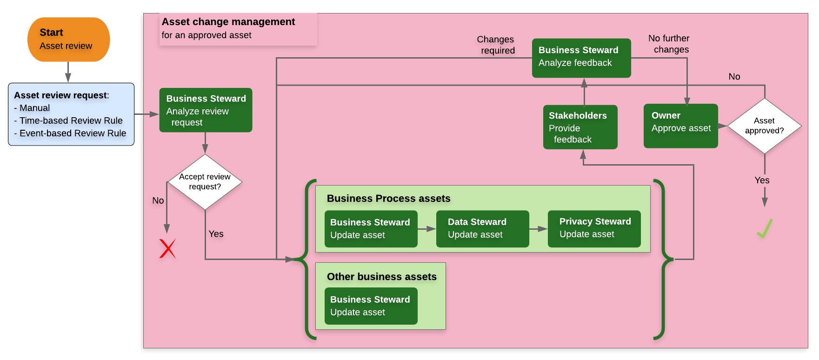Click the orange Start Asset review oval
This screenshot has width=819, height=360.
[68, 40]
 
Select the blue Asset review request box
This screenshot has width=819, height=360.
[71, 114]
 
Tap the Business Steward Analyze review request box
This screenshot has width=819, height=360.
[206, 110]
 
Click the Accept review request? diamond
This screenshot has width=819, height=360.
[205, 182]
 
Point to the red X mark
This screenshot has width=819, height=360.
[167, 248]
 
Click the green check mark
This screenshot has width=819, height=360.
[764, 228]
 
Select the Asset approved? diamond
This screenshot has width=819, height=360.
[764, 126]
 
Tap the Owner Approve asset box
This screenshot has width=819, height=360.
[680, 126]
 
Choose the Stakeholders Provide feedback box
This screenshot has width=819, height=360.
[580, 127]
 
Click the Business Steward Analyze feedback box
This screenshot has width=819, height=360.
[581, 58]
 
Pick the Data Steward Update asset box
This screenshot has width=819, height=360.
[482, 229]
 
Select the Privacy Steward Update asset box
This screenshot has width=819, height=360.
[594, 228]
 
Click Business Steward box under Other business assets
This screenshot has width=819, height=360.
[371, 306]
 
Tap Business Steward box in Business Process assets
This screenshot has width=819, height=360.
[371, 229]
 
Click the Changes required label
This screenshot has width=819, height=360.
[496, 45]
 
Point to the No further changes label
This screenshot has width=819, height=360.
[669, 44]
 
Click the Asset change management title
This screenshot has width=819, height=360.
[228, 22]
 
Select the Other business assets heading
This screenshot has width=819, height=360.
[381, 277]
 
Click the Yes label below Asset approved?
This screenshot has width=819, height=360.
[762, 180]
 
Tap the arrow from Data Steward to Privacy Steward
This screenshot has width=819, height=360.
[538, 229]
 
